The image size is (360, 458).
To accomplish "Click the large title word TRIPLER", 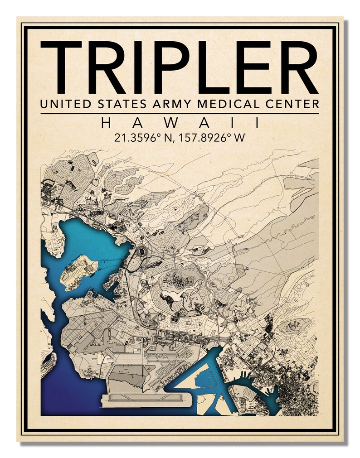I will coord(180,67).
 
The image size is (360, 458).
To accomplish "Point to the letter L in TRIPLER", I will coord(219,67).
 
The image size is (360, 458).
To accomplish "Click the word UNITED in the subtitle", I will coord(62,104).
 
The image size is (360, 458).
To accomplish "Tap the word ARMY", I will coord(172,104).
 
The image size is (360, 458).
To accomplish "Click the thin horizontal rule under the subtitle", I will coord(180,113).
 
